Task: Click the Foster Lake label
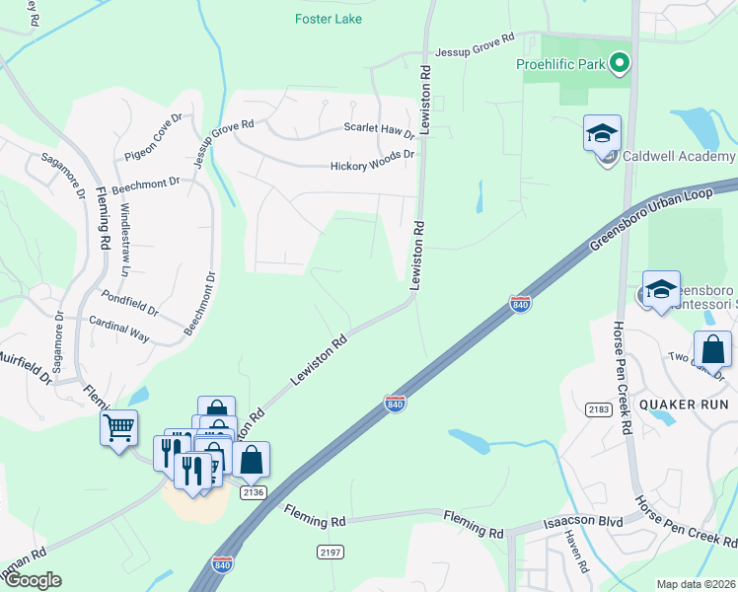pyautogui.click(x=329, y=19)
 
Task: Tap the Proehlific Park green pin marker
pyautogui.click(x=620, y=65)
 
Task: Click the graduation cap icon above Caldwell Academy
pyautogui.click(x=602, y=133)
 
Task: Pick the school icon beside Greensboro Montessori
pyautogui.click(x=661, y=289)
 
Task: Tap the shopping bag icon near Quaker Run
pyautogui.click(x=712, y=349)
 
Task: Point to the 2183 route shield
pyautogui.click(x=599, y=408)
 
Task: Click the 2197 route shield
pyautogui.click(x=330, y=552)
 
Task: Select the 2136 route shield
pyautogui.click(x=253, y=492)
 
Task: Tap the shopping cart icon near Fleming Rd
pyautogui.click(x=118, y=429)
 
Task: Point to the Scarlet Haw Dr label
pyautogui.click(x=379, y=128)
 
